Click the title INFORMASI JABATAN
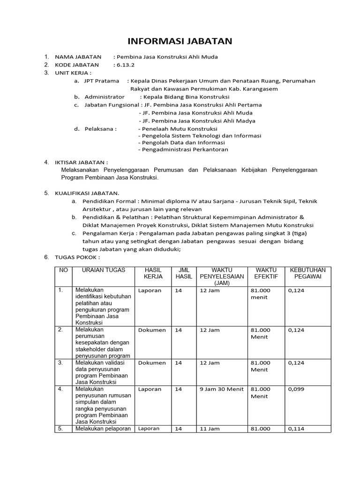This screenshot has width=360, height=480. [x=180, y=41]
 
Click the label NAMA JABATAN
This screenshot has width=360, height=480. [x=78, y=57]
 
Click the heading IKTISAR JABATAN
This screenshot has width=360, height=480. [x=81, y=162]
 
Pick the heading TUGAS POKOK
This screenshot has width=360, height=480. [x=77, y=257]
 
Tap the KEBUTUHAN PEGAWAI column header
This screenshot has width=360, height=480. [x=307, y=273]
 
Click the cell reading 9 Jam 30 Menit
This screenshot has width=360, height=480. [x=222, y=389]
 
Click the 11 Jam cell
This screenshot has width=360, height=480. [x=210, y=428]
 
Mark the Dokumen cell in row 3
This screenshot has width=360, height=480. [x=152, y=363]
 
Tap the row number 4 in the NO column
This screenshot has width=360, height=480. [x=60, y=389]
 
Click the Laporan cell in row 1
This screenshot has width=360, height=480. [x=150, y=291]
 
